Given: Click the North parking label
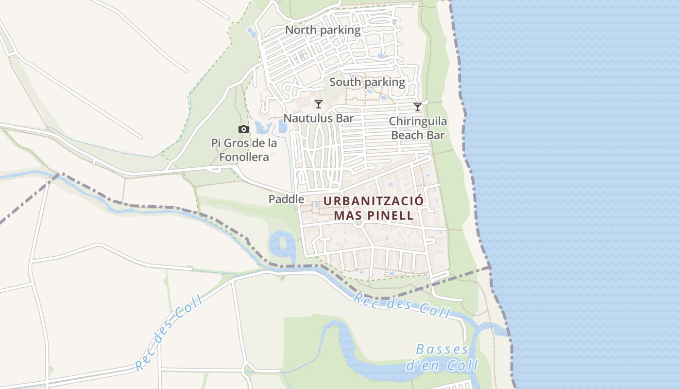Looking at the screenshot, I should click(323, 30).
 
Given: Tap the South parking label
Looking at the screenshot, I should click(367, 82).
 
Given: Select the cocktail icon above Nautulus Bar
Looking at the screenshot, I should click(319, 104).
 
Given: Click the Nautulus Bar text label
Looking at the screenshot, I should click(319, 118).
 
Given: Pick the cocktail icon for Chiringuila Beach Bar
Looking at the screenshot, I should click(418, 106).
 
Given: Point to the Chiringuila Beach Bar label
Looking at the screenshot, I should click(418, 128).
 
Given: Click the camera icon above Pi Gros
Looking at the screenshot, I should click(244, 129).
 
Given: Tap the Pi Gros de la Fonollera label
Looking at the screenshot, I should click(244, 150).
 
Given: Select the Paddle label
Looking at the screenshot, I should click(286, 199).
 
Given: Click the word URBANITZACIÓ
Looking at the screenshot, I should click(374, 201).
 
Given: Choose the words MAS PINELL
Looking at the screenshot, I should click(374, 215).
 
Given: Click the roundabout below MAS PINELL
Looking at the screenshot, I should click(358, 223).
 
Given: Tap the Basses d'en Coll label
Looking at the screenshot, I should click(442, 357).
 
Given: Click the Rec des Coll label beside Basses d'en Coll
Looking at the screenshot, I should click(402, 305).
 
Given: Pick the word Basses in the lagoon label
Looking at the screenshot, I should click(442, 349).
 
